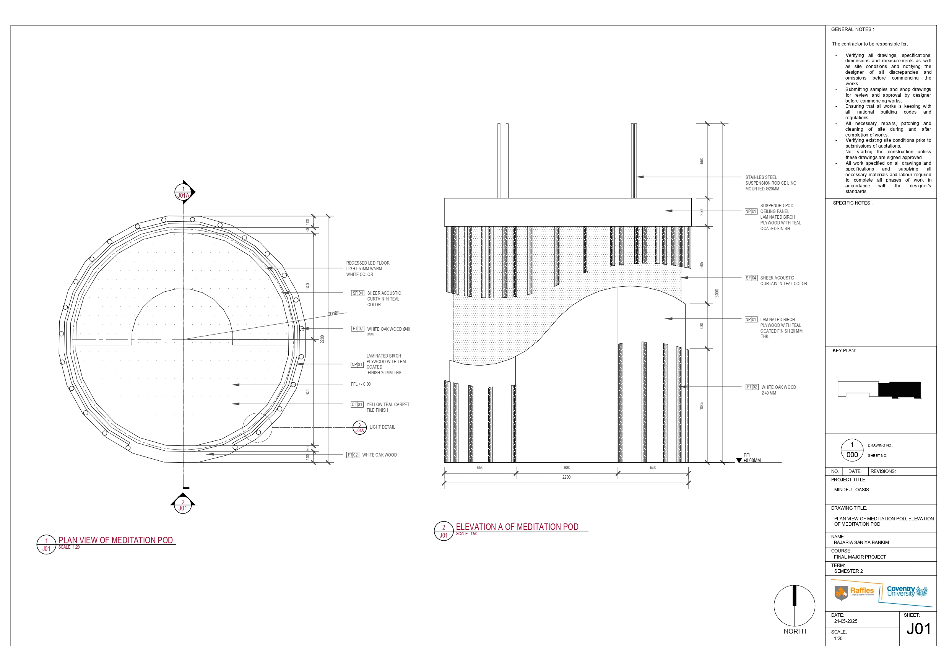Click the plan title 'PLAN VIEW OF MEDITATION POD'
point(116,540)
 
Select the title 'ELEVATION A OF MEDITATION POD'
point(517,527)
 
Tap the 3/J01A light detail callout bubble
point(359,427)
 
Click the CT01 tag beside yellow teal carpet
point(357,405)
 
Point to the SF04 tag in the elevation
point(751,278)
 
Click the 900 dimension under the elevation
point(567,468)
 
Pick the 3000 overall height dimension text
point(717,293)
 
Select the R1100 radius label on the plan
point(334,314)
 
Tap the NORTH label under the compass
point(795,631)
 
